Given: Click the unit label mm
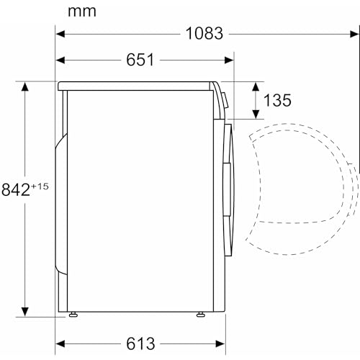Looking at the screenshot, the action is tap(82, 12).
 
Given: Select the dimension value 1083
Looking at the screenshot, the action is tap(204, 34).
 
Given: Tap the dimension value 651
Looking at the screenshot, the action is tap(140, 60).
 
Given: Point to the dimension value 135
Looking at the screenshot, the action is tap(277, 100).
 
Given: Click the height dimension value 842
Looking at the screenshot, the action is tap(16, 189).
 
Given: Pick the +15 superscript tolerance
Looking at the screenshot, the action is tap(40, 186).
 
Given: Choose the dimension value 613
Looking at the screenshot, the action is tap(140, 343).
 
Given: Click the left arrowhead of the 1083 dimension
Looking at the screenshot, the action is tap(60, 34).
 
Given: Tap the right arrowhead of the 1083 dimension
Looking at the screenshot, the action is tap(354, 34).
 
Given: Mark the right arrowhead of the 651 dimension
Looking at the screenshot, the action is tap(229, 60).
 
